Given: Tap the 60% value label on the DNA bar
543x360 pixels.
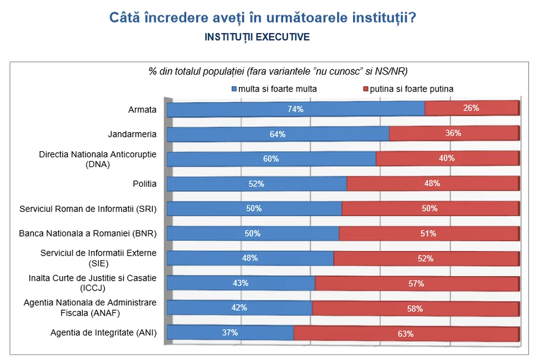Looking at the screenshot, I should point(271,159).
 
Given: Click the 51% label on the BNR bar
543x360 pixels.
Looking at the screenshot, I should point(428,233).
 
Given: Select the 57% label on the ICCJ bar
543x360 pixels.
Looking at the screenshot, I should point(416,283).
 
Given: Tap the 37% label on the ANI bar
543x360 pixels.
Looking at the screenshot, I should point(230,332).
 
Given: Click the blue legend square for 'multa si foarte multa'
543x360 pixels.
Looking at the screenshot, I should point(235,89).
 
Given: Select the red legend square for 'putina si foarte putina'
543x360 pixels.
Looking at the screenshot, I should point(366,89).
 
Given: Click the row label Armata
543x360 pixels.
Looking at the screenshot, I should point(142,110).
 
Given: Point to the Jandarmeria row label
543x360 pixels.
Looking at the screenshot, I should point(132,134).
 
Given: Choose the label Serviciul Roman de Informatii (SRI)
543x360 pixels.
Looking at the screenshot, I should point(87,209).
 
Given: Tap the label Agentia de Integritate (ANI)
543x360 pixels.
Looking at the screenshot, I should point(103,332).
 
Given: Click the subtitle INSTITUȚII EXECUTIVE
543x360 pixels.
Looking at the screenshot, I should point(257,37).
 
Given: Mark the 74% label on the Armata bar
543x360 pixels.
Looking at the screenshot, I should point(295,109).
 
